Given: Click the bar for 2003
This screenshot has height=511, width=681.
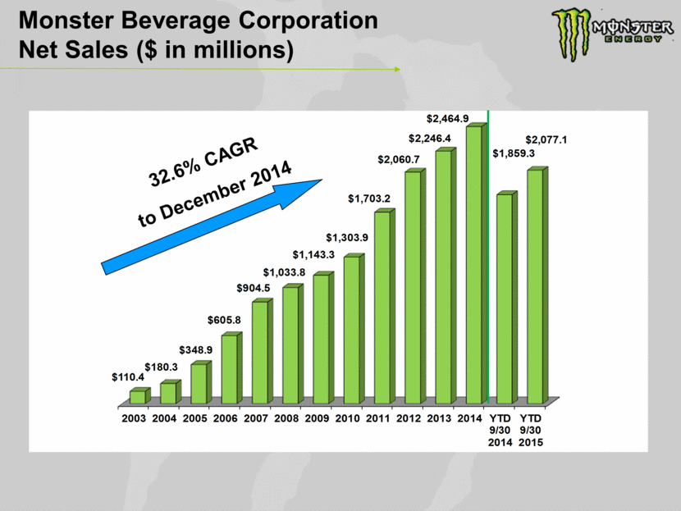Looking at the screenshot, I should pos(138,396).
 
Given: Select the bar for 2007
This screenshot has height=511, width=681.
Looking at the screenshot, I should pos(259,352).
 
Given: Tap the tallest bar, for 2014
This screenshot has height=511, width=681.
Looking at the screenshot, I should pos(473,264).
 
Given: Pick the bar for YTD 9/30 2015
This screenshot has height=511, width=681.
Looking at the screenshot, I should pos(535,285).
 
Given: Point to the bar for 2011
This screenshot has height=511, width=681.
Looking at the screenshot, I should pos(382,307).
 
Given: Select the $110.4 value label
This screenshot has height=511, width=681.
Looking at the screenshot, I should pos(128,377).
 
